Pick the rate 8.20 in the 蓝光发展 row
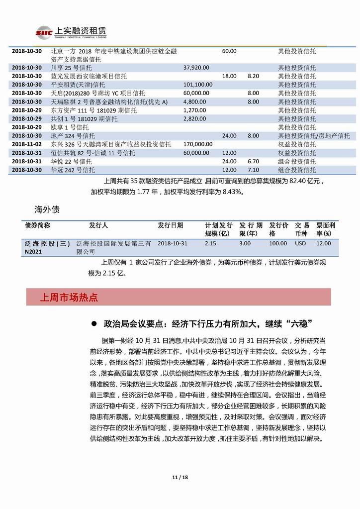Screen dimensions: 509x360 pos(254,76)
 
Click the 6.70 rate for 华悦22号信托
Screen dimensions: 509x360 pos(254,161)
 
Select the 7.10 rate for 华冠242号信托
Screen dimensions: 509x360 pos(254,170)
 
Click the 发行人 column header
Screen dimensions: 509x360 pos(98,225)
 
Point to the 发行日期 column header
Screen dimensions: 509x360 pos(171,225)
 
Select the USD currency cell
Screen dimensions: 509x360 pos(301,243)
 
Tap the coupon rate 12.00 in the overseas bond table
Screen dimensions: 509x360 pos(324,243)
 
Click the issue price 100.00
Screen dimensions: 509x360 pos(278,243)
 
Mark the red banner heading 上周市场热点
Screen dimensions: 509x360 pos(69,298)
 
